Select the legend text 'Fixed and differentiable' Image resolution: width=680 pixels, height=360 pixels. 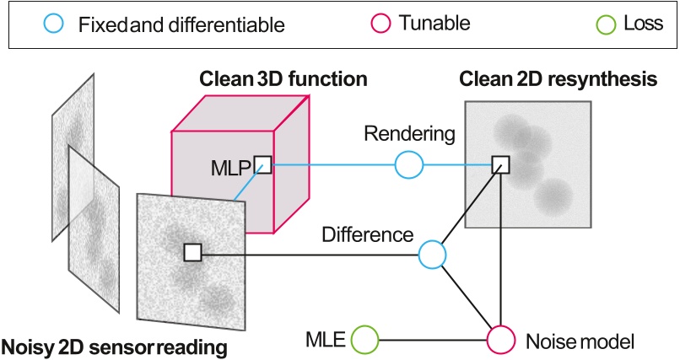[x=181, y=25]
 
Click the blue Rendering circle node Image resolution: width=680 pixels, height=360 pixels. [x=408, y=165]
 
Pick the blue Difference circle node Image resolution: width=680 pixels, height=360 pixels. [x=432, y=252]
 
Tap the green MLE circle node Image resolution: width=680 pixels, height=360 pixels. [x=365, y=340]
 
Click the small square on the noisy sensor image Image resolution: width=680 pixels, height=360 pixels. [x=192, y=252]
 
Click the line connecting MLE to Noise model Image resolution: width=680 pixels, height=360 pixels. [x=433, y=340]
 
